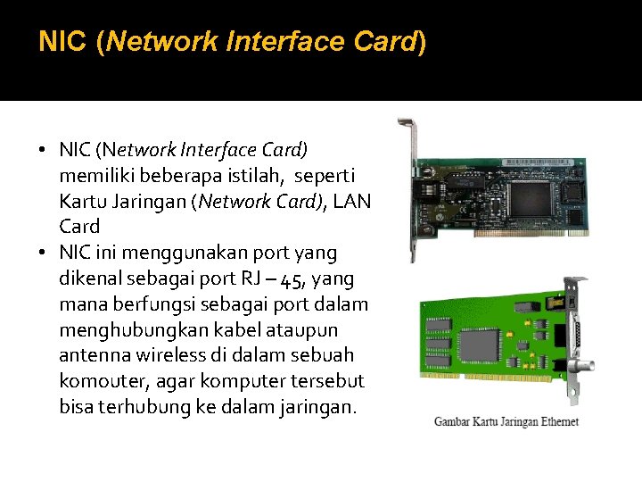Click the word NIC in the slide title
tap(62, 42)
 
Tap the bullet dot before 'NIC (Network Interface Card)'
tap(44, 148)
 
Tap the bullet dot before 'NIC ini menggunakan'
tap(44, 253)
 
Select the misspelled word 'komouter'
tap(95, 382)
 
